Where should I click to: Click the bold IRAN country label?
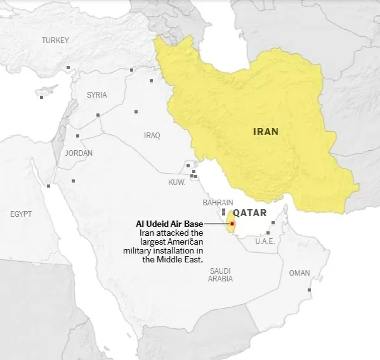(266, 132)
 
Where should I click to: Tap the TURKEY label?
(55, 41)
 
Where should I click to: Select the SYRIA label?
(97, 95)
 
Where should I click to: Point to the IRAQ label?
(152, 136)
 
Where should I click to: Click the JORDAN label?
(79, 153)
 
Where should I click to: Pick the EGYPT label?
(21, 214)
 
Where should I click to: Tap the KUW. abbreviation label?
(176, 183)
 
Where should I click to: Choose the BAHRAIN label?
(218, 203)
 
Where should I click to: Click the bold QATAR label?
(249, 213)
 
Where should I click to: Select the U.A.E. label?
(264, 241)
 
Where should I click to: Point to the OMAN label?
(299, 273)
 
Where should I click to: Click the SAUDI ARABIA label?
(221, 274)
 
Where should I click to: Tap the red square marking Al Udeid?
(232, 224)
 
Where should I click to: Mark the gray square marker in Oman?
(310, 290)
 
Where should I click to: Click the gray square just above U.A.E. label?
(272, 223)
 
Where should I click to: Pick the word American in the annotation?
(183, 242)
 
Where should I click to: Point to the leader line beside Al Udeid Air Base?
(217, 224)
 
